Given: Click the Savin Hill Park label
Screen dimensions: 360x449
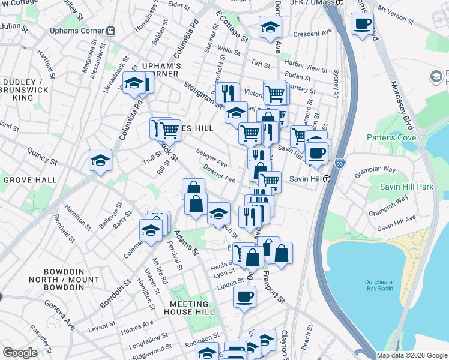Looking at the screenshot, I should (406, 187).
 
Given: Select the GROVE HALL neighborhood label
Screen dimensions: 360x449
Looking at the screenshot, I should (30, 179).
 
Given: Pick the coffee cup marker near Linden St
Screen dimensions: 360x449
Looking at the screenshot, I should (244, 297).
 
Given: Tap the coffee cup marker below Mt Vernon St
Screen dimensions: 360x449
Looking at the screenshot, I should (362, 25).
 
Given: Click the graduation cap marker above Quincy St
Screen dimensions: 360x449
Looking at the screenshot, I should (100, 160).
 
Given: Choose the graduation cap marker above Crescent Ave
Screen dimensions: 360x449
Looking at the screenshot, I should (270, 27).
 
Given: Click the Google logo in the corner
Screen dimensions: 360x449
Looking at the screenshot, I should (20, 353).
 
